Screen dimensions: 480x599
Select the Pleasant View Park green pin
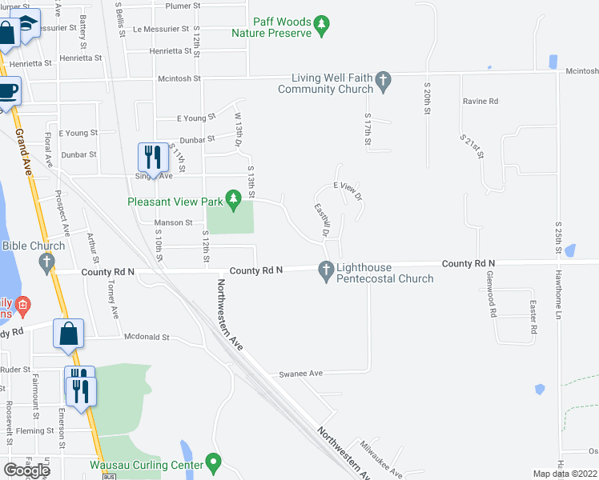233,198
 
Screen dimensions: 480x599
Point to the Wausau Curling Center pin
213,462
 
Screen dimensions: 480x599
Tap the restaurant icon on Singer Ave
150,156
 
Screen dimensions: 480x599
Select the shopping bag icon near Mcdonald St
69,334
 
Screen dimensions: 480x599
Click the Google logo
27,470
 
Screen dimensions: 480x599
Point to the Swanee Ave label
300,374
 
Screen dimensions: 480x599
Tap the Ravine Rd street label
480,102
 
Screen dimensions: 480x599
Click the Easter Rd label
533,318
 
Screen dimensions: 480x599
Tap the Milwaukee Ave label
381,459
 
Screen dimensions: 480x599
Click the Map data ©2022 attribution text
565,474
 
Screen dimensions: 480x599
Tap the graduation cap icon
28,25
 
